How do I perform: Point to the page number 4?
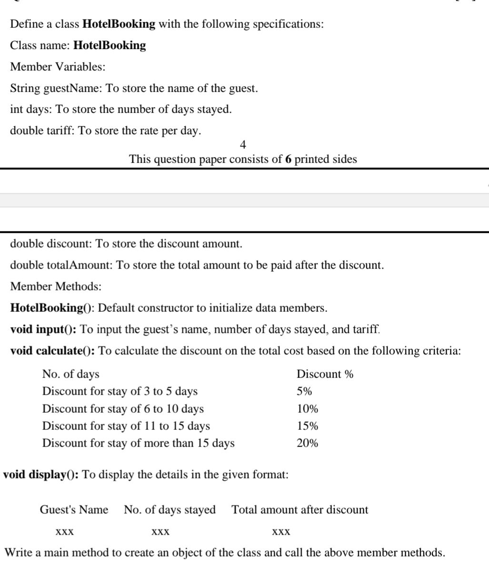click(x=243, y=144)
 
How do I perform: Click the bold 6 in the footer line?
click(x=288, y=159)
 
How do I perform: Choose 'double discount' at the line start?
click(x=51, y=244)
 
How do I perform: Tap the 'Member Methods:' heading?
click(x=56, y=287)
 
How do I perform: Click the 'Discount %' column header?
click(x=325, y=374)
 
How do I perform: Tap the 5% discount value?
click(x=304, y=391)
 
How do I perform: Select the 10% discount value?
click(x=307, y=409)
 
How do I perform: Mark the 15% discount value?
click(x=307, y=426)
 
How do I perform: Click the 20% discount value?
click(x=307, y=443)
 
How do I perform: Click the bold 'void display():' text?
click(x=41, y=475)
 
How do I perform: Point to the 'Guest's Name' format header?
click(x=74, y=510)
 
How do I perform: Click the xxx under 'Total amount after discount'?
click(x=281, y=531)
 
